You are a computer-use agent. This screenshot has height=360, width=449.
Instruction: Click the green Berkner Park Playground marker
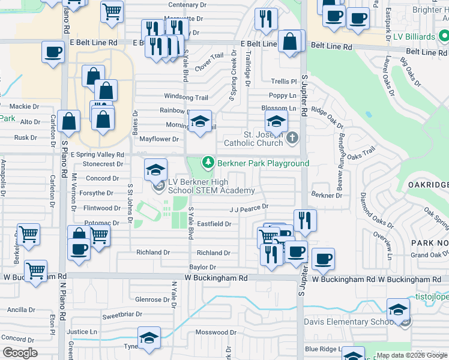pos(208,163)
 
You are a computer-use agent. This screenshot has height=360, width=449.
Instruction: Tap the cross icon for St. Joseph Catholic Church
pos(292,139)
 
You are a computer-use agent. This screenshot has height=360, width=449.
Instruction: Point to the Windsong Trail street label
pos(186,97)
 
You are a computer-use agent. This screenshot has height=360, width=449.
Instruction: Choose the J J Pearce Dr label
pos(248,208)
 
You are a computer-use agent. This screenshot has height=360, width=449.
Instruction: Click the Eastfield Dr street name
pos(214,224)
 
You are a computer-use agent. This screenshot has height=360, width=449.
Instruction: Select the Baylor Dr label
pos(202,267)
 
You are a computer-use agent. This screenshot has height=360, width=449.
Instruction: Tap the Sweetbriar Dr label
pos(121,314)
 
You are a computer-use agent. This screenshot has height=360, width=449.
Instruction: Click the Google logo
pos(20,352)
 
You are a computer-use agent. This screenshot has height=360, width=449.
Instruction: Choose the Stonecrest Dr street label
pos(103,164)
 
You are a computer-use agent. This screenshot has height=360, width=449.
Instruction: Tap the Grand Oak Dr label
pos(427,255)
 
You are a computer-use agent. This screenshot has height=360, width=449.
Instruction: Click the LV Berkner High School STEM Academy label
pos(211,186)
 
